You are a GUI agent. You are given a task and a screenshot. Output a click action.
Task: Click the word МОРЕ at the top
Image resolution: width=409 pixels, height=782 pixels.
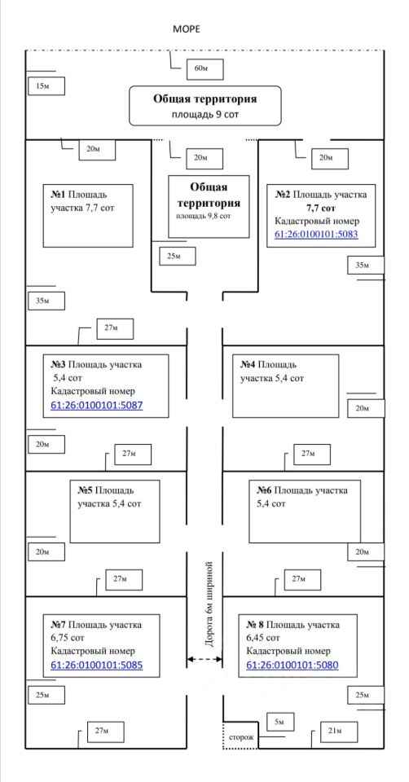[186, 29]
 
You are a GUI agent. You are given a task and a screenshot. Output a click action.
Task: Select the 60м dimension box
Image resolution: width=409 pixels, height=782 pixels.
[205, 69]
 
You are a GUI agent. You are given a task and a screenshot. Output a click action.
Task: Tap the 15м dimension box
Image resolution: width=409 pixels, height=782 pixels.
[46, 86]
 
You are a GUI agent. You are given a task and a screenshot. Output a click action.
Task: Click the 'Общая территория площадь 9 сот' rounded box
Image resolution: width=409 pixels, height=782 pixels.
[205, 105]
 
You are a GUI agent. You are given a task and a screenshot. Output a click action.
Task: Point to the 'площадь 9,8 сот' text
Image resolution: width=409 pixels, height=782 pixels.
[203, 216]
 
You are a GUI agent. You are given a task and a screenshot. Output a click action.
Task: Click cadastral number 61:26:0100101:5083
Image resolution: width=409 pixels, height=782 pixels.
[316, 234]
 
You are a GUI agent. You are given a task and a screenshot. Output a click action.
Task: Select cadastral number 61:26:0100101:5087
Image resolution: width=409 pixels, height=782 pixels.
[97, 406]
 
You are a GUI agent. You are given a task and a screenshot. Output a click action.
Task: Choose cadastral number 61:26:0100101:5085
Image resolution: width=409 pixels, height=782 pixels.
[97, 666]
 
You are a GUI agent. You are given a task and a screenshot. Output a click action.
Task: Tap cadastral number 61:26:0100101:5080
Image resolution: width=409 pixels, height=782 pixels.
[292, 666]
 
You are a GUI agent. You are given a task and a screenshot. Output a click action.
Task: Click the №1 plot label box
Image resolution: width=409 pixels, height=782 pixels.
[88, 215]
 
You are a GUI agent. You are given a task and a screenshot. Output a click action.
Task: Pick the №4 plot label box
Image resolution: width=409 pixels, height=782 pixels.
[285, 385]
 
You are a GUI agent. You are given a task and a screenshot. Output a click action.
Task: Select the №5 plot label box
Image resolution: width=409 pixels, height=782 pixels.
[115, 512]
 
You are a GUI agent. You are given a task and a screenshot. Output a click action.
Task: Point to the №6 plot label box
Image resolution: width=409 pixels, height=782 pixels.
[304, 512]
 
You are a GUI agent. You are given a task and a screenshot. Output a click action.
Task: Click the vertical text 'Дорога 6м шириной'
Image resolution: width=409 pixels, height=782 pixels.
[209, 604]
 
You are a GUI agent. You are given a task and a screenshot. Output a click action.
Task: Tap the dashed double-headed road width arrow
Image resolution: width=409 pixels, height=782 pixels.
[204, 659]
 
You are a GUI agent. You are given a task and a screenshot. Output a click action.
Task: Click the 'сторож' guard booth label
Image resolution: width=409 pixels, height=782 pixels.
[241, 736]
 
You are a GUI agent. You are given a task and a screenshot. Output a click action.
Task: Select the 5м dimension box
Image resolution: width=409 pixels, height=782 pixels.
[279, 722]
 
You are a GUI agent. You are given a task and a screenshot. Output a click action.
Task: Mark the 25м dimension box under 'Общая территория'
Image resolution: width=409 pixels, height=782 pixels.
[178, 256]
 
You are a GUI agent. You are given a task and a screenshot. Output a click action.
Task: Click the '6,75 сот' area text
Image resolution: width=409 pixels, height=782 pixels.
[68, 638]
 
